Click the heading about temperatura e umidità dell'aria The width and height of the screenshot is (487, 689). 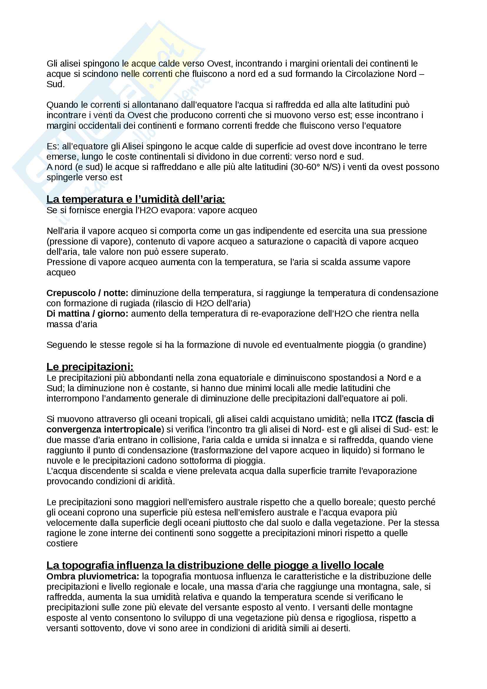(136, 199)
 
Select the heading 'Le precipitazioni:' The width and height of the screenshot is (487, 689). (90, 366)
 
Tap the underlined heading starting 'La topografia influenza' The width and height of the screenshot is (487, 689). (215, 565)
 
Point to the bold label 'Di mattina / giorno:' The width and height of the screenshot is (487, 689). (87, 314)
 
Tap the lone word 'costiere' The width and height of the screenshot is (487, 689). (62, 543)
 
